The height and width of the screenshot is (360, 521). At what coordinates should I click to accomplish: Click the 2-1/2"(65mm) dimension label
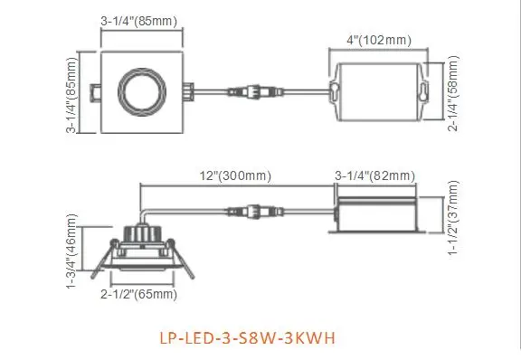point(141,295)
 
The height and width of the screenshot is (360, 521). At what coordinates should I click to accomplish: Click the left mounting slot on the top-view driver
point(332,90)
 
